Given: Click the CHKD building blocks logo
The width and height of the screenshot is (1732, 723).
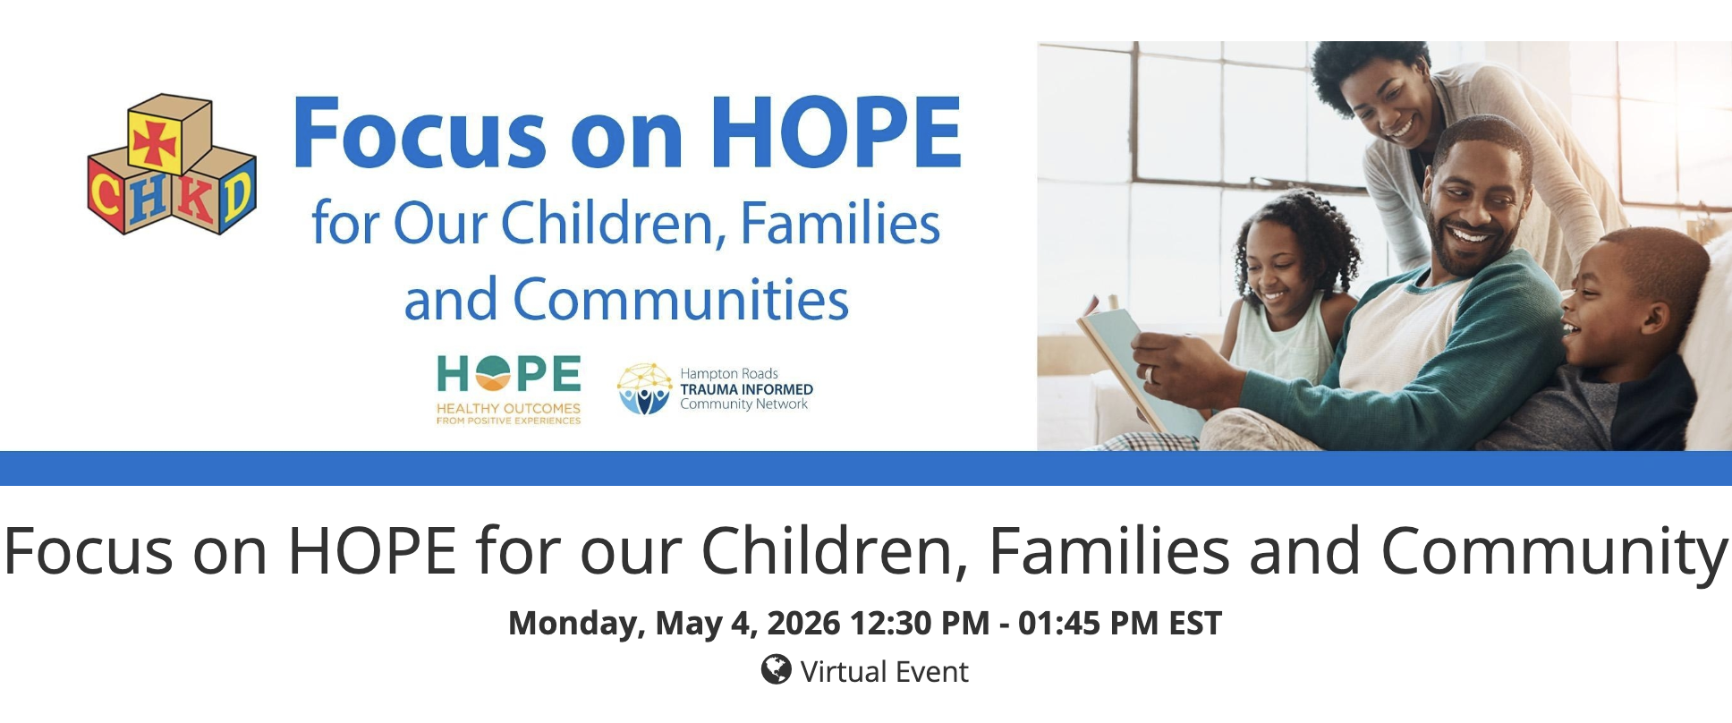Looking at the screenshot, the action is tap(172, 165).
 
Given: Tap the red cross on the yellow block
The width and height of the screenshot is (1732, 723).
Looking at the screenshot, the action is tap(156, 141).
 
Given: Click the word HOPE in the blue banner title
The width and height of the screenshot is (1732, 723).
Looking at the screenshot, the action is tap(836, 132).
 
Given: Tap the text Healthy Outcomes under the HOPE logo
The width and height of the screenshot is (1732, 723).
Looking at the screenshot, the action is tap(508, 408).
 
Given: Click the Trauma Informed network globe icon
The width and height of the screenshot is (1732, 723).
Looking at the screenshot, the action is tap(644, 388).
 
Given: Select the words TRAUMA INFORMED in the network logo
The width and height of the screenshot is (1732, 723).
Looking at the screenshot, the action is tap(746, 389).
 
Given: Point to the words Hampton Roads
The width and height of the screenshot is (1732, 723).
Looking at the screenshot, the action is tap(729, 373).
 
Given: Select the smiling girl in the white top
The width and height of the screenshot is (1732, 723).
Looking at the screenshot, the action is tap(1288, 286).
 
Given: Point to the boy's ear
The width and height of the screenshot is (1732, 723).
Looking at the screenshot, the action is tap(1652, 318).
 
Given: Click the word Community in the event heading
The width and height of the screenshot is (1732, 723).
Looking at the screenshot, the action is tap(1555, 552).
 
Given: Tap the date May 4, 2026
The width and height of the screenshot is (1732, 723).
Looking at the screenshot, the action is tap(748, 624).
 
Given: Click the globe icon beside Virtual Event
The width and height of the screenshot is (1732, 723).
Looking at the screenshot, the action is tap(776, 669).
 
